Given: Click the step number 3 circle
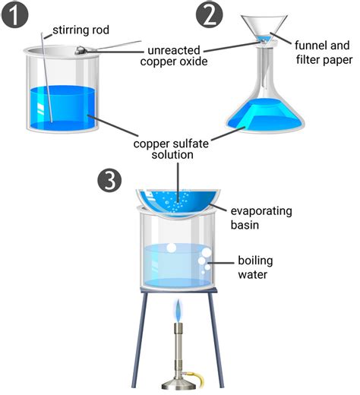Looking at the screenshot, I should point(112,181).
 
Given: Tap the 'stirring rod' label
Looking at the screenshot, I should point(83,32).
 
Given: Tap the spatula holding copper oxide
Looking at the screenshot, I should point(106,47).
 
